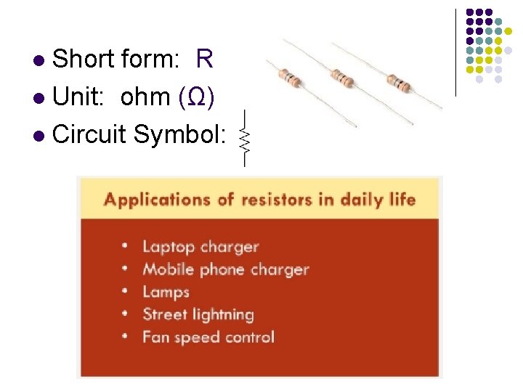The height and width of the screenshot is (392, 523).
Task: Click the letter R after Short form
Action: coord(204,60)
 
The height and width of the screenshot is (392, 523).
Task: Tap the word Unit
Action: coord(78,97)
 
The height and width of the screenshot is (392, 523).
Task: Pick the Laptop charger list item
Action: coord(200,247)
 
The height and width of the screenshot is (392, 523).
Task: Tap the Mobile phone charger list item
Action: coord(225,269)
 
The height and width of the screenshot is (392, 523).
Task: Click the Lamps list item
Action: coord(166,292)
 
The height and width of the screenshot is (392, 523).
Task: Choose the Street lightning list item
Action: coord(198,314)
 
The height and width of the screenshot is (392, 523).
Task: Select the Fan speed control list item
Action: coord(208,337)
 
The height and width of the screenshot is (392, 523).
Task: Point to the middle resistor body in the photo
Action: coord(343,76)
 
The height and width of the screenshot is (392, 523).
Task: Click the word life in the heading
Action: coord(401,199)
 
